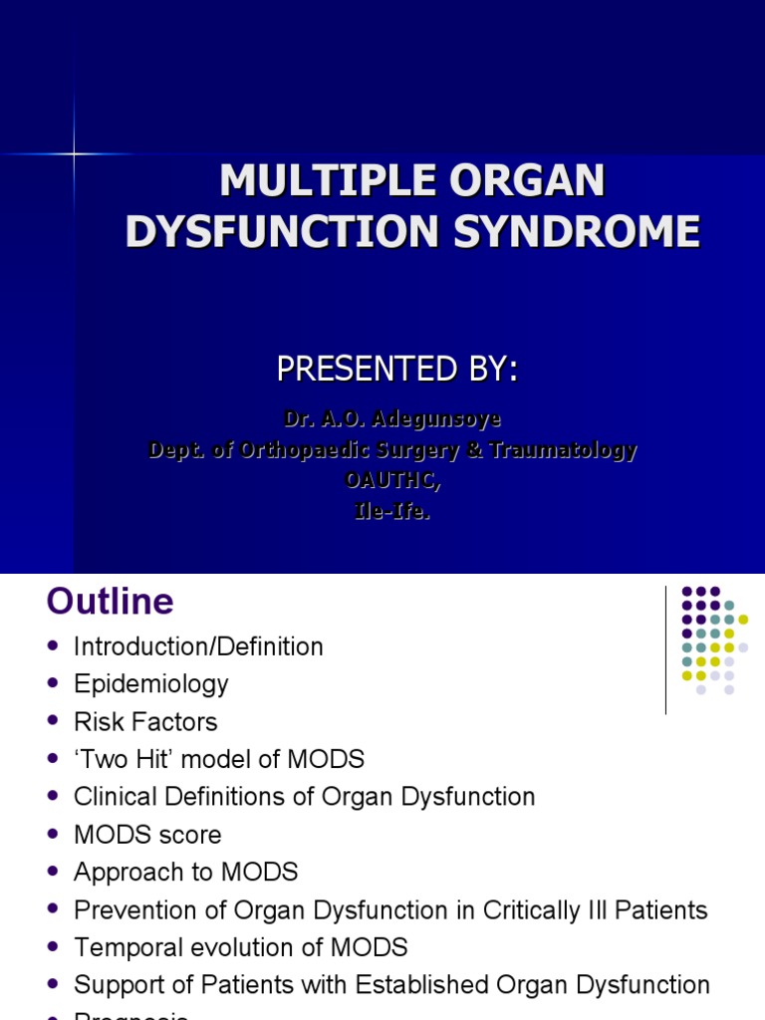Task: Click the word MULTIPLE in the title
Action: pos(300,182)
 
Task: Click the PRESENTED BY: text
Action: pos(396,370)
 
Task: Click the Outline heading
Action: pos(110,602)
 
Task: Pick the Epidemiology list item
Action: pos(150,684)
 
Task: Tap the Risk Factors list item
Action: pos(145,722)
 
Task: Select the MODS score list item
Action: pos(147,835)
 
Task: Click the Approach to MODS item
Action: pos(185,873)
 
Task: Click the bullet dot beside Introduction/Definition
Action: pos(54,646)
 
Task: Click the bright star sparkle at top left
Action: pos(74,153)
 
